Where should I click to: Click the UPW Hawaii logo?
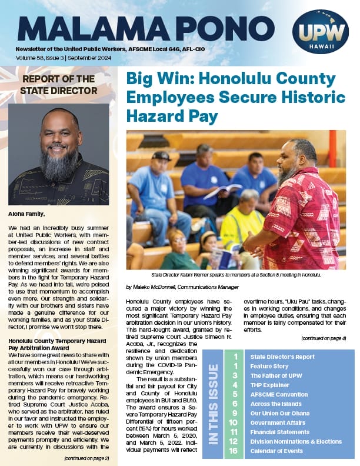click(320, 32)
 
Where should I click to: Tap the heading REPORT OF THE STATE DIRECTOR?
click(59, 84)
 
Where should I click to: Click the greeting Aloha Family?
click(29, 215)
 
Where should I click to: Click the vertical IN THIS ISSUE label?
click(212, 403)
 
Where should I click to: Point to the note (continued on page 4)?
click(323, 338)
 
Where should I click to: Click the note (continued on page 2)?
click(86, 457)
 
